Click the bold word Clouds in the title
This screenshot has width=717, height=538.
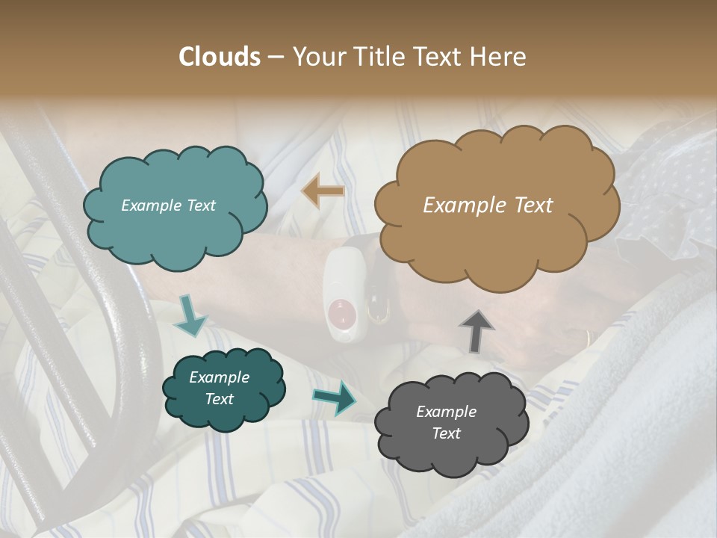point(220,57)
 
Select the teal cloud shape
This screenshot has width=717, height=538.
point(175,206)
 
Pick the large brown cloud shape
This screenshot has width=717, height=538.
point(496,205)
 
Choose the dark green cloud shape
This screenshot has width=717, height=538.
point(224,389)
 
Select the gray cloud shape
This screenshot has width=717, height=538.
point(451,423)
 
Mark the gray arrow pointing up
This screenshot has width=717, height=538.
point(476,330)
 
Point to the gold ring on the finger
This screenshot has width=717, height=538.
point(589,339)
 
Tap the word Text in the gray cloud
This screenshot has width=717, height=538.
point(446,433)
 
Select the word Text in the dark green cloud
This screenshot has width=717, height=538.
point(219,399)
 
